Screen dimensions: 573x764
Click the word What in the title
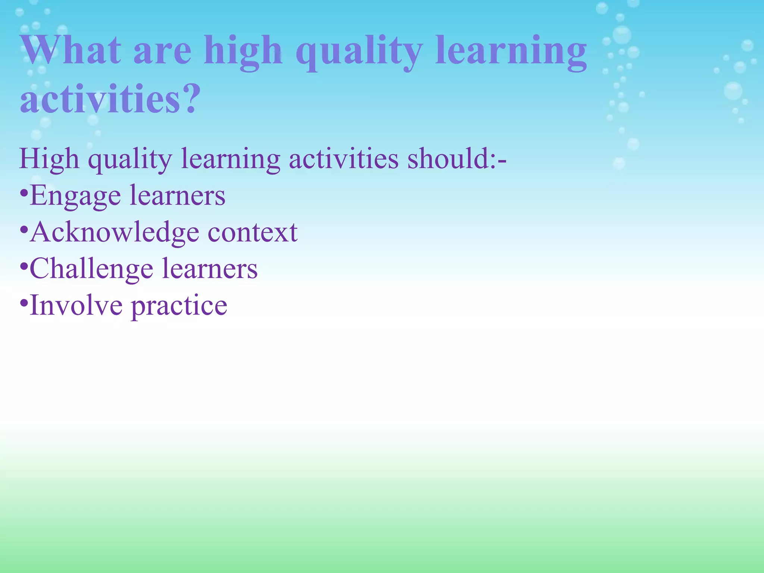point(71,50)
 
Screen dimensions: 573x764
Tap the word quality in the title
point(359,52)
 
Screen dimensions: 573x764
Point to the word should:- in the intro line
point(457,159)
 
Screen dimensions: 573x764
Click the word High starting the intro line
point(49,159)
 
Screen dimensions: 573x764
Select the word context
point(253,232)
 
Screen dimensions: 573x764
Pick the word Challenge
point(91,269)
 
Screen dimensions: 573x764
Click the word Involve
point(76,305)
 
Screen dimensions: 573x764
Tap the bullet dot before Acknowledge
point(24,231)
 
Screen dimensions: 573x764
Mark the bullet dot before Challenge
point(24,267)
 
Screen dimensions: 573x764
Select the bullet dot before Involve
point(24,303)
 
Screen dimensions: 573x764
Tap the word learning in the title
point(511,52)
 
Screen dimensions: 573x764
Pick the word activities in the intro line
point(344,159)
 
